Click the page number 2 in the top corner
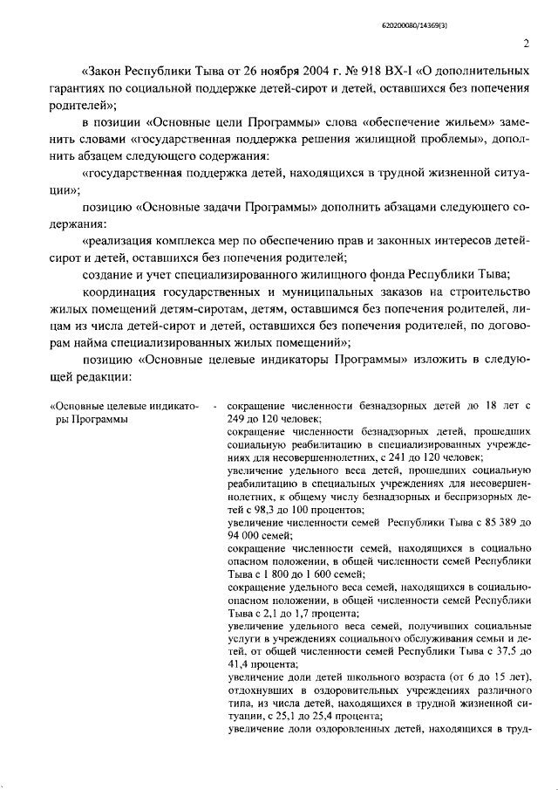(x=527, y=44)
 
